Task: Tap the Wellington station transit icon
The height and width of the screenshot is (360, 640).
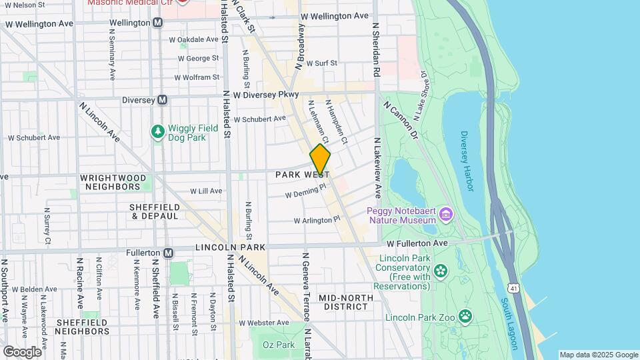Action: (x=158, y=23)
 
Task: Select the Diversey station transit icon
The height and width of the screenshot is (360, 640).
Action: (x=162, y=100)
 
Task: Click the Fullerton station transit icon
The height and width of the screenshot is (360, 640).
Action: (x=169, y=253)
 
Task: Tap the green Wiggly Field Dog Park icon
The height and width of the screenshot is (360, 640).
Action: (x=157, y=132)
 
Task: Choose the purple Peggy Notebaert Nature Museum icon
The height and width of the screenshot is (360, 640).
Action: (x=446, y=215)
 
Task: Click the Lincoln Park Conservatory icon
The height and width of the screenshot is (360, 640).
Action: (x=439, y=271)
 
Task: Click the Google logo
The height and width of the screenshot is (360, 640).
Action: (x=22, y=351)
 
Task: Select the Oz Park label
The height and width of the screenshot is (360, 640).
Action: (x=278, y=345)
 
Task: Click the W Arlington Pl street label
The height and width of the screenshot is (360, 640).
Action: (x=317, y=219)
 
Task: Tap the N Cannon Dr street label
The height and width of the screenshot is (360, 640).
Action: (x=400, y=120)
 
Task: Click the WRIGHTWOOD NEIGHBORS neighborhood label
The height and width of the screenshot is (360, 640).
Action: (x=111, y=182)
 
